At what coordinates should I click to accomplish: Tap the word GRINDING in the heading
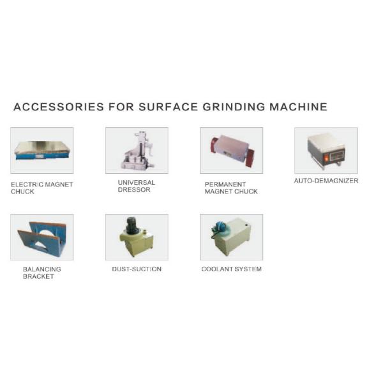point(233,107)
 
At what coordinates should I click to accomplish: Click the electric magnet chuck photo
point(42,151)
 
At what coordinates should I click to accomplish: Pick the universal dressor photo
point(137,151)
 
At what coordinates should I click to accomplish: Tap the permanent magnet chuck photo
point(231,151)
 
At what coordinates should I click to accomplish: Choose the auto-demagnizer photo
point(326,151)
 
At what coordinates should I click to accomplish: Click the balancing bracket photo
point(42,237)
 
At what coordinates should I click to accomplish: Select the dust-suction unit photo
point(137,237)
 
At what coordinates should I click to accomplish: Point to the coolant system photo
point(231,237)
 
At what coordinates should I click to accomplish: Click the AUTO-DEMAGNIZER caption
point(326,181)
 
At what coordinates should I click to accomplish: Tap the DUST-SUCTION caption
point(137,269)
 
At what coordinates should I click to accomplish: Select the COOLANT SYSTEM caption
point(231,269)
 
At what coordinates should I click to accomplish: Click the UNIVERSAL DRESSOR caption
point(136,186)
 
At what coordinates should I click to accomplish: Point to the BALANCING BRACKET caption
point(42,273)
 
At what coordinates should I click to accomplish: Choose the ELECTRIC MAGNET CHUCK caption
point(41,188)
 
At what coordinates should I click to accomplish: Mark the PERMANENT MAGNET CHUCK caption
point(231,188)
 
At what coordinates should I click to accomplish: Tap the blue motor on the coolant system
point(220,227)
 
